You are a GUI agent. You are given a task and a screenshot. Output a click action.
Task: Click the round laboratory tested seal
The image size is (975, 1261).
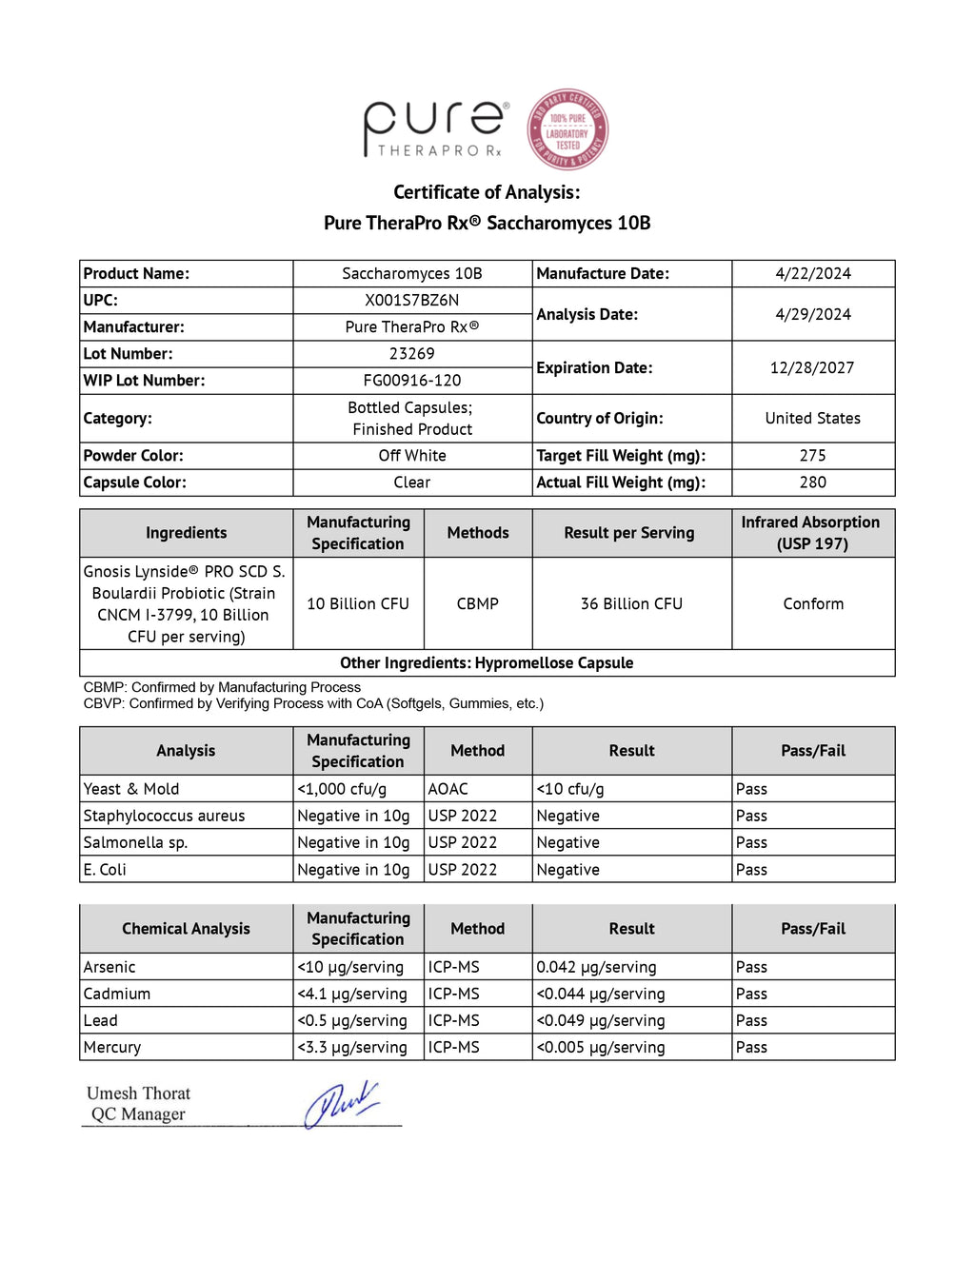click(567, 129)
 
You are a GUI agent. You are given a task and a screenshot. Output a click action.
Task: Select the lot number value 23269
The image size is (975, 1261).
click(411, 354)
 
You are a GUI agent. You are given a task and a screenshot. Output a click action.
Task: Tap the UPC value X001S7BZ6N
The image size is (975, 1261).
click(411, 301)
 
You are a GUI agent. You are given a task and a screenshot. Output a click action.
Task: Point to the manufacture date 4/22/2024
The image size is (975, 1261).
click(812, 274)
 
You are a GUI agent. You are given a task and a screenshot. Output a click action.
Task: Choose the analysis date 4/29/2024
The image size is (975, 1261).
click(812, 315)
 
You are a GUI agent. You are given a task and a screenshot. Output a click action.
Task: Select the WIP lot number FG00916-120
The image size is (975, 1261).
click(411, 381)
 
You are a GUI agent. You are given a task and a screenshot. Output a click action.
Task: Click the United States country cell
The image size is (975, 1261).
click(812, 419)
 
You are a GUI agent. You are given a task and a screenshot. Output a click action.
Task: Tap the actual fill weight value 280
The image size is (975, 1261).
click(812, 483)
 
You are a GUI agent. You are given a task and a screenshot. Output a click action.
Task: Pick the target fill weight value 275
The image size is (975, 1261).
click(812, 456)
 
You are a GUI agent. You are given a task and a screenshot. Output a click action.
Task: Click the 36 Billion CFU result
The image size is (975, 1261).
click(631, 604)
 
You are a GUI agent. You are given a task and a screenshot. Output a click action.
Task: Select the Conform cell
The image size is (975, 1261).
click(812, 604)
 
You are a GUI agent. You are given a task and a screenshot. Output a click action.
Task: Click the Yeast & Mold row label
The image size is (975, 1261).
click(131, 789)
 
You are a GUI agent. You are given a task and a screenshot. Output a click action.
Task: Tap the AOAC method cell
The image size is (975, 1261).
click(448, 789)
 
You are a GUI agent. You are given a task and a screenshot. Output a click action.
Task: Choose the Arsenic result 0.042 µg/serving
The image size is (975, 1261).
click(596, 967)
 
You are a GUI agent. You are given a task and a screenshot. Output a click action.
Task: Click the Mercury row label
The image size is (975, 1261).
click(112, 1047)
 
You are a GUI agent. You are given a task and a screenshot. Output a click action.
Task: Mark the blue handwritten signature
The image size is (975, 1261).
click(341, 1104)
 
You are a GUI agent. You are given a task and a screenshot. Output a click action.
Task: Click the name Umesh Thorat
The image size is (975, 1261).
click(138, 1094)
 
